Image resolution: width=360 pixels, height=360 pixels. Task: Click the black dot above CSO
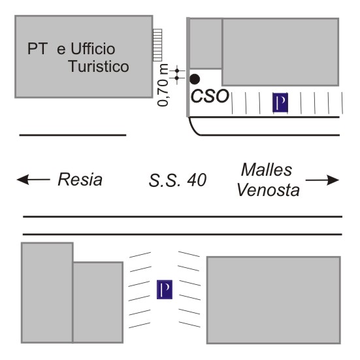[195, 79]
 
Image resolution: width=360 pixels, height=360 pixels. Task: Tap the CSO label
[210, 96]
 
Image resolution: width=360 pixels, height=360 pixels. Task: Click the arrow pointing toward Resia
[33, 179]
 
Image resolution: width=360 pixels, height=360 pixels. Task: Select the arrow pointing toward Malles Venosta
[322, 180]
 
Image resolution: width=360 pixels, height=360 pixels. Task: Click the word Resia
[80, 179]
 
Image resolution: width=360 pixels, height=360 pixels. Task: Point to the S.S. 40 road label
[178, 180]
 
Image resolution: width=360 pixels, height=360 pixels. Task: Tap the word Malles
[267, 170]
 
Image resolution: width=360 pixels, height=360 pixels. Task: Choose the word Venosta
[268, 190]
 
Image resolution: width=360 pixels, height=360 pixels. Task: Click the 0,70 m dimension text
[163, 85]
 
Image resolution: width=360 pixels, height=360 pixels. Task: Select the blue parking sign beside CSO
[280, 103]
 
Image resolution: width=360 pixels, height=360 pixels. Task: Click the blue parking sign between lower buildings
[165, 289]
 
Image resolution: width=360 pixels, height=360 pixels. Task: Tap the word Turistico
[99, 67]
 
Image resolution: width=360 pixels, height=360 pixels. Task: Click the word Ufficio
[93, 48]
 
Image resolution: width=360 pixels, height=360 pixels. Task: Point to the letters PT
[38, 48]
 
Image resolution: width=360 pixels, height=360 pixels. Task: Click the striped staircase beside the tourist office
[157, 45]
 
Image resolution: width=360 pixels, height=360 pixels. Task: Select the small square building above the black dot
[206, 44]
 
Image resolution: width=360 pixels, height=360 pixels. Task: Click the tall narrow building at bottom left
[47, 293]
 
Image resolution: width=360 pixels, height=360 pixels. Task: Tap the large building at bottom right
[274, 300]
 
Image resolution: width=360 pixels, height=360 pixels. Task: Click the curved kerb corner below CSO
[193, 129]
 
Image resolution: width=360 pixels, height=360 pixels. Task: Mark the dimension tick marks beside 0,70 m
[177, 74]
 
